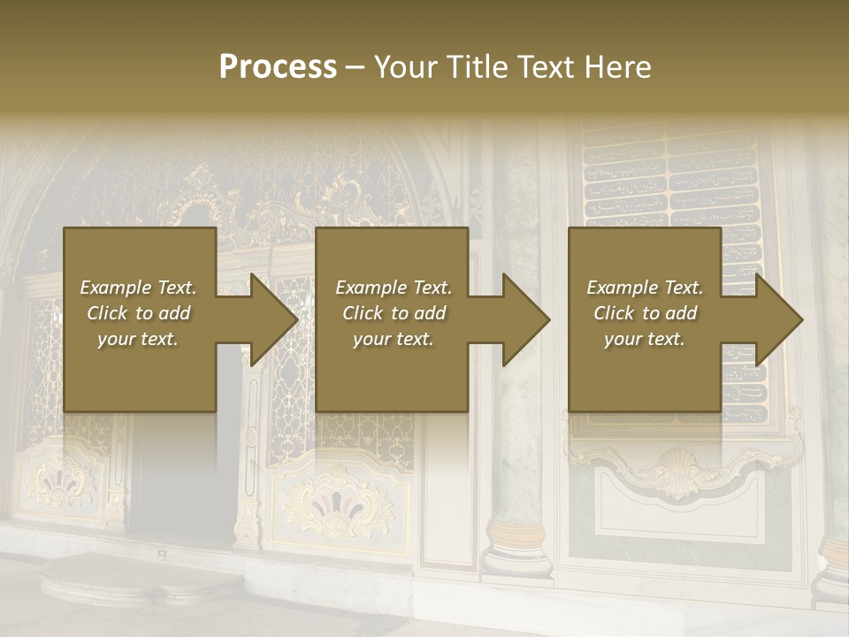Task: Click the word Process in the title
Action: coord(278,67)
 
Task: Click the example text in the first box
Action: coord(139,312)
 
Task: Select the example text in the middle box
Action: coord(393,312)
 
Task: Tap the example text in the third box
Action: coord(644,312)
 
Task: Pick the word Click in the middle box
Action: coord(363,313)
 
